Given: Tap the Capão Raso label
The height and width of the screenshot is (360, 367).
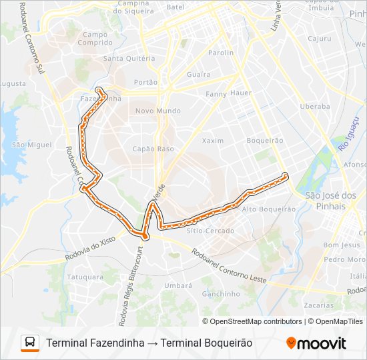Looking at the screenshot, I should click(x=153, y=149).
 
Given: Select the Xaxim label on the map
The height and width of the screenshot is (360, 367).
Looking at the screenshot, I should click(x=213, y=141).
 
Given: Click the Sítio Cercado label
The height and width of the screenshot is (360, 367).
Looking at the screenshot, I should click(x=211, y=231).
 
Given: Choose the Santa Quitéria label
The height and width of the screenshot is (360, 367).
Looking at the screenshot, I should click(x=129, y=58).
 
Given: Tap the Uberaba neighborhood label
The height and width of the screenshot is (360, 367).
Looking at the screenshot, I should click(x=315, y=106).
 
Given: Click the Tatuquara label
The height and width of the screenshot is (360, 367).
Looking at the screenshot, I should click(x=85, y=276).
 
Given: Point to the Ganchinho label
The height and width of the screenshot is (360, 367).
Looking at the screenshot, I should click(x=221, y=293).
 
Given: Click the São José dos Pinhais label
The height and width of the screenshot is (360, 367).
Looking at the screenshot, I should click(x=330, y=201).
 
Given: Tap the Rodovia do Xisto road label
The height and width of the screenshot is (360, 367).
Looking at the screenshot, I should click(x=91, y=247).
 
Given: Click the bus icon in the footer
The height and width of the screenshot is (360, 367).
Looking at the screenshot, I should click(x=30, y=343).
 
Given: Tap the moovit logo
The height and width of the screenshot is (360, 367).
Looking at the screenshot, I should click(x=316, y=343).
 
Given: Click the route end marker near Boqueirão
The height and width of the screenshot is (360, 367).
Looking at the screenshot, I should click(x=285, y=175).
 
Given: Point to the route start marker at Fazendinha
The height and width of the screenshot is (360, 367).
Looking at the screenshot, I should click(x=99, y=89).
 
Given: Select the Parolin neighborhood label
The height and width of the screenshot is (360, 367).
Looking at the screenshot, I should click(x=221, y=53).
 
